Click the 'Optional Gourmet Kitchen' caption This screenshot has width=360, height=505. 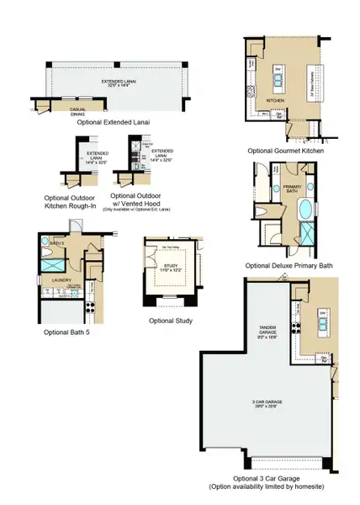pos(285,150)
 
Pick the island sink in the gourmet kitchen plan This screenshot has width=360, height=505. pos(278,82)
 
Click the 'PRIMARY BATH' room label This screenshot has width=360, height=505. pos(292,189)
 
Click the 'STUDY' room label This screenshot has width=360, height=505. pos(172,267)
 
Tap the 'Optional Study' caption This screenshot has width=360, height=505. pos(171,321)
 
